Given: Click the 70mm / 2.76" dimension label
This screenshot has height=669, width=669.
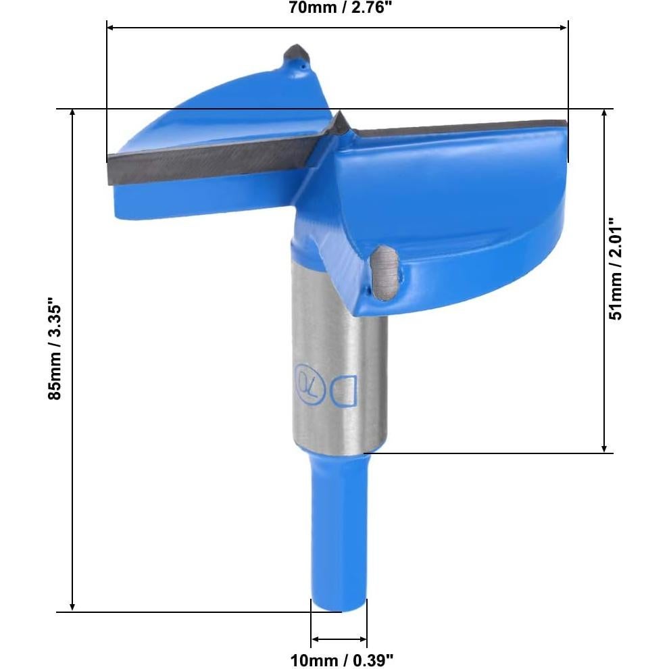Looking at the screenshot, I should tap(337, 8).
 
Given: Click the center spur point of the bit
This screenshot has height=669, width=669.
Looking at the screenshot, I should tap(339, 121).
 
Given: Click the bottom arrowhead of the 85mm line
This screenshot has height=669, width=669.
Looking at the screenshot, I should tap(72, 606).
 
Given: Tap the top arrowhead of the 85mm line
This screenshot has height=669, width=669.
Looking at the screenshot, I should tap(72, 114).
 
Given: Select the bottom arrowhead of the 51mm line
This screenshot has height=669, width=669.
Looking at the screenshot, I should tap(605, 447).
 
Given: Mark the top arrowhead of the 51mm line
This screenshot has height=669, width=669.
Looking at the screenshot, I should tap(605, 114).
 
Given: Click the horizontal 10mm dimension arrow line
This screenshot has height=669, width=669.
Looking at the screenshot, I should tap(339, 639).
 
